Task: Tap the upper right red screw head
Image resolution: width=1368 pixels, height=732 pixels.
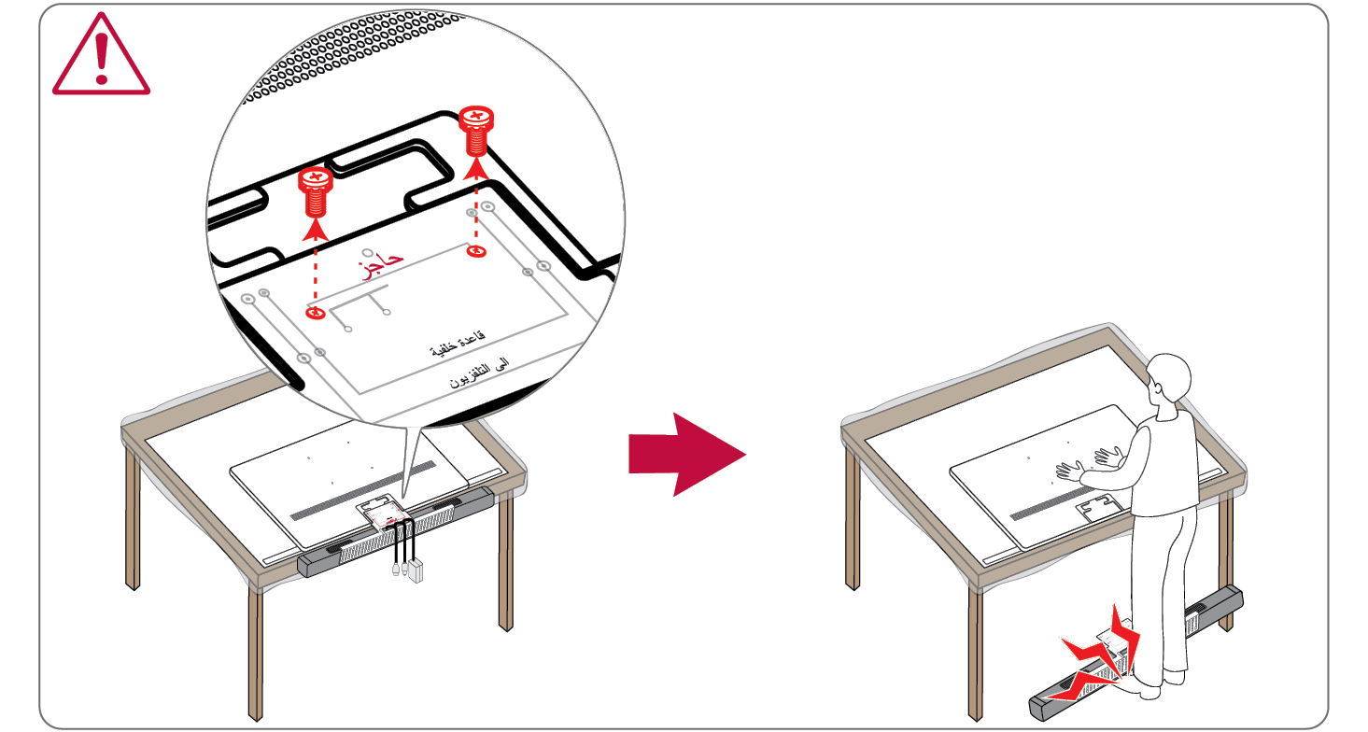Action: (476, 118)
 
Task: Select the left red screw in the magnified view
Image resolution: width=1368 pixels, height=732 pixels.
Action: (315, 191)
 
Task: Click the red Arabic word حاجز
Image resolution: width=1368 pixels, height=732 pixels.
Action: (381, 263)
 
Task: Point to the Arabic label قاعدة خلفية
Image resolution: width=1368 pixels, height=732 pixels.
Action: (458, 344)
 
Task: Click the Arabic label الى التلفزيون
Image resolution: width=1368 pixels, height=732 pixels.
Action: (479, 373)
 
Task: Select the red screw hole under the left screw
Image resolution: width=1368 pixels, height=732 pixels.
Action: (315, 313)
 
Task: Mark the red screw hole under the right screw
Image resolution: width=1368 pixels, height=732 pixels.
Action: (476, 251)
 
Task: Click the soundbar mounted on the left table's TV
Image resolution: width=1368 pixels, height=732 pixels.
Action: (396, 531)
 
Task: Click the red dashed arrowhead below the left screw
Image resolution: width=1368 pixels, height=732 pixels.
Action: (315, 231)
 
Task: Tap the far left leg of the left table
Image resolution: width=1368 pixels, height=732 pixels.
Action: (133, 519)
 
